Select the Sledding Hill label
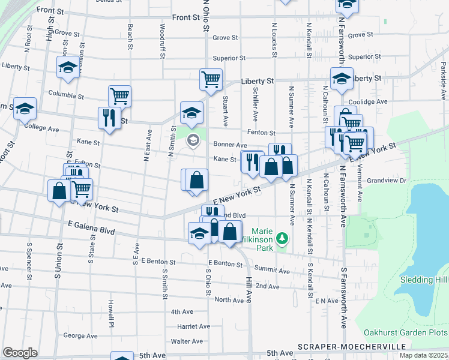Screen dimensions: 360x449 424,280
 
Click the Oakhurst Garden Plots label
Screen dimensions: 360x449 406,332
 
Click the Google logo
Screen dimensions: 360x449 20,352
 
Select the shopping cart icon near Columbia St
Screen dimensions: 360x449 119,95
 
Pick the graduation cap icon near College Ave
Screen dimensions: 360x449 25,108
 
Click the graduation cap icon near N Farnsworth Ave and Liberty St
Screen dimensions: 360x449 342,78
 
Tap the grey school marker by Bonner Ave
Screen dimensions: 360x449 193,142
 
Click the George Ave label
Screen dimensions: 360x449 80,336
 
